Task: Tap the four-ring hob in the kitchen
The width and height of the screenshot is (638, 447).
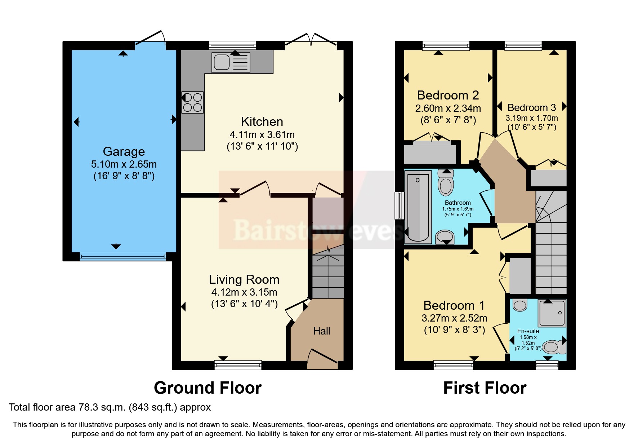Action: point(193,102)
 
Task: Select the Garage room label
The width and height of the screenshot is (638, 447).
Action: point(124,151)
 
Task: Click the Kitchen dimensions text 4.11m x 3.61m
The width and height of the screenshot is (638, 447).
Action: point(262,135)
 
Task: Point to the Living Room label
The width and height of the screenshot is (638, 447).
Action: point(244,279)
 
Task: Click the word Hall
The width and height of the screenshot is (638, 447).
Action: point(321,331)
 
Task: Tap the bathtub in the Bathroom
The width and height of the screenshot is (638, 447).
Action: point(418,207)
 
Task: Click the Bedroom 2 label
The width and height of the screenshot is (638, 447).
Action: point(448,95)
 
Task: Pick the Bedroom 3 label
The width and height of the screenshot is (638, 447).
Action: point(531,107)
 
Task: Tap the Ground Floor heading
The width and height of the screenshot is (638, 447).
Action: point(208,388)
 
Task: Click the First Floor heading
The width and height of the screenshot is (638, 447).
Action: point(485,388)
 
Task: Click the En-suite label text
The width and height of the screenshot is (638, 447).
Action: point(528,331)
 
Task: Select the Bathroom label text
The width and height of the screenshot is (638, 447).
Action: point(458,203)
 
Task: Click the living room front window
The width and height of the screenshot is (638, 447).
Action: point(238,365)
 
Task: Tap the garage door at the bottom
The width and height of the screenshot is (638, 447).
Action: point(122,257)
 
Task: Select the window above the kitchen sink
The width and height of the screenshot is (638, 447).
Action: point(232,45)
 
